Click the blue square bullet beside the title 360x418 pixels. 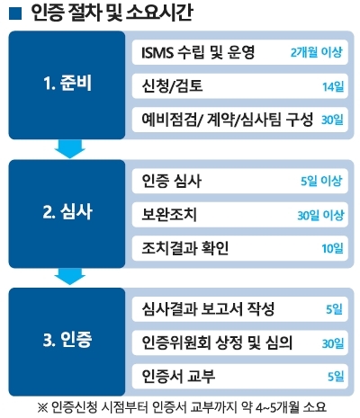[15, 13]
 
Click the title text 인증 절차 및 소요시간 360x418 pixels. [112, 13]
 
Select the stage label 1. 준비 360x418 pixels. [67, 83]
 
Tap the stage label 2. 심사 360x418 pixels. [67, 212]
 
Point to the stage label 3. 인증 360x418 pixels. [67, 340]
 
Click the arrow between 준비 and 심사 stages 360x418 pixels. [70, 149]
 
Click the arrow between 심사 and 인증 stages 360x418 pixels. [70, 277]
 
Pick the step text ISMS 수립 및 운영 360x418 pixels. [198, 52]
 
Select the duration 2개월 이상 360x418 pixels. [316, 52]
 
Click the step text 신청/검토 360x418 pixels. [172, 85]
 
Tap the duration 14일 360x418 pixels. [333, 87]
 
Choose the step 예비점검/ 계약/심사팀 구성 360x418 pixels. [228, 120]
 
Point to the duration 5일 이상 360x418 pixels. [321, 181]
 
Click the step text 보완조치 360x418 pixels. [169, 214]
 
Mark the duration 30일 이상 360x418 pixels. [320, 215]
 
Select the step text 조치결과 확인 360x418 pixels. [185, 248]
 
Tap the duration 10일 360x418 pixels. [332, 248]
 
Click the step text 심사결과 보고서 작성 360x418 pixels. [208, 309]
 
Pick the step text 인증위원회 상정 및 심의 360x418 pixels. [217, 342]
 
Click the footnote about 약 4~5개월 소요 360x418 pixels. [182, 407]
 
